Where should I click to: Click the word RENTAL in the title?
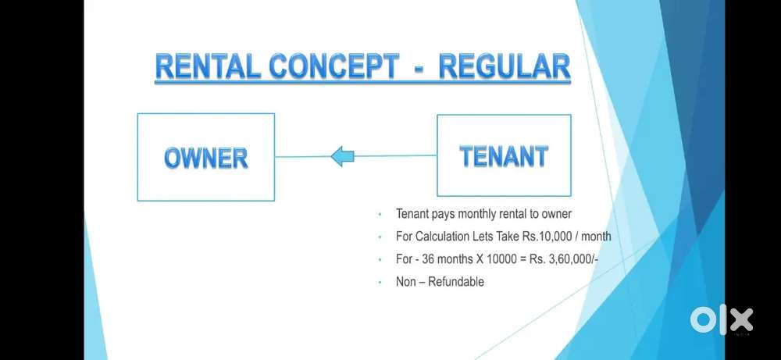coord(207,68)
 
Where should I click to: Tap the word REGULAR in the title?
coord(505,68)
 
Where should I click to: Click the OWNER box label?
coord(206,158)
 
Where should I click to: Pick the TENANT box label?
coord(504,156)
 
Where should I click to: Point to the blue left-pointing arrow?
coord(342,157)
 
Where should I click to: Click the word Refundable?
coord(455,281)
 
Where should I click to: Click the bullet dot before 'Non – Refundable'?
coord(380,282)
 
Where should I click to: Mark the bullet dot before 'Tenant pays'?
coord(380,214)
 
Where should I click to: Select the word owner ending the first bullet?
coord(556,213)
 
